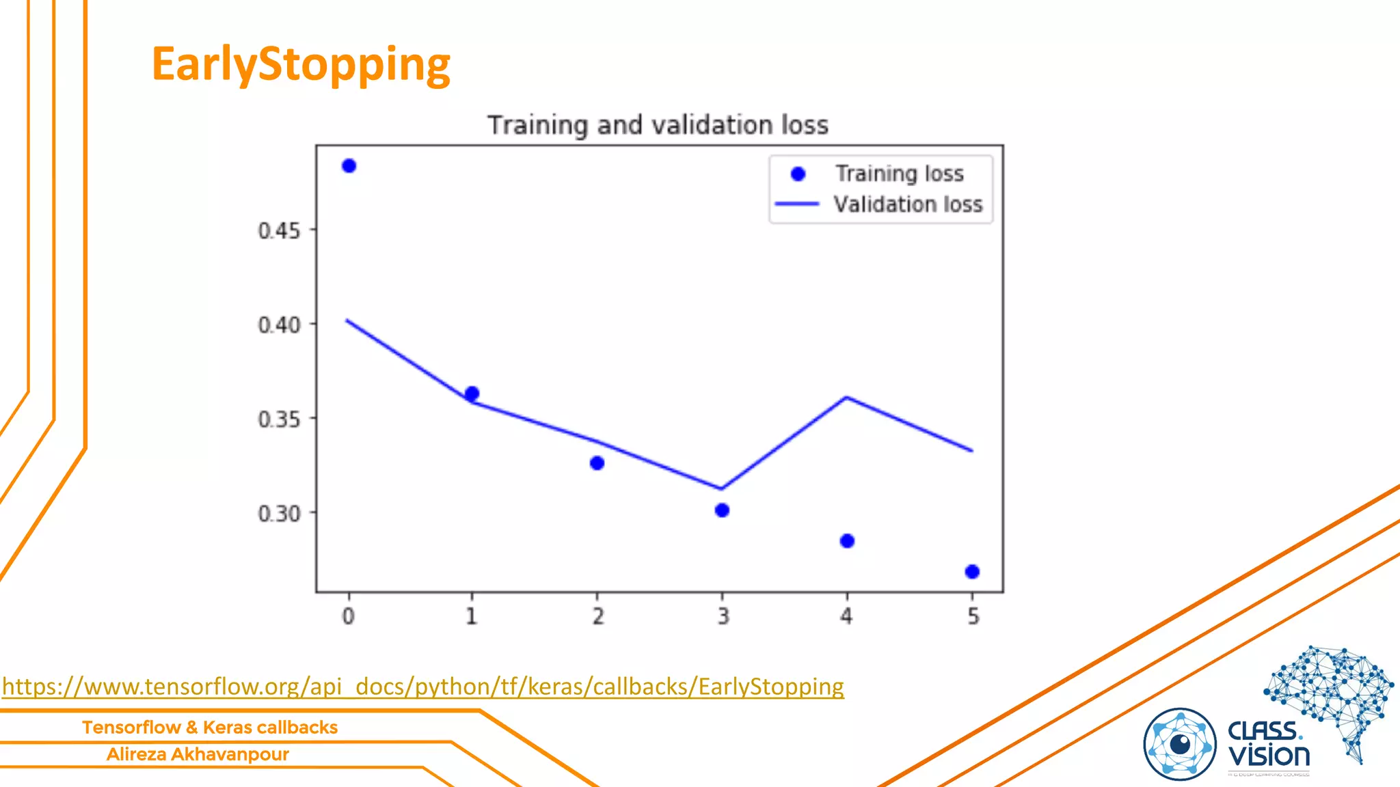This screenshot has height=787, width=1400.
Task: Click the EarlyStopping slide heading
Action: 301,64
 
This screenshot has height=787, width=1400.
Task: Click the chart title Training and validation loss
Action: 658,125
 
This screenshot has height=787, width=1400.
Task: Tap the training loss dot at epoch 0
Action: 349,166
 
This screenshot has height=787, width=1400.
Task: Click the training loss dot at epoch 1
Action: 472,393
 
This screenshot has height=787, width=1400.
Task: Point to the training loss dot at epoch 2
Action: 597,463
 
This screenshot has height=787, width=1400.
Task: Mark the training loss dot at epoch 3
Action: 722,510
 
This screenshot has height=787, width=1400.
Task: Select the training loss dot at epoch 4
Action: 847,541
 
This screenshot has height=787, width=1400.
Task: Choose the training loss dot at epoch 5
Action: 972,572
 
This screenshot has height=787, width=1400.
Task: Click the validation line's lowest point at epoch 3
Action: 722,488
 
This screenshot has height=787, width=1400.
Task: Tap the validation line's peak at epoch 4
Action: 847,397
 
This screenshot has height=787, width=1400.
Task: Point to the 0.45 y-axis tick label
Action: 279,231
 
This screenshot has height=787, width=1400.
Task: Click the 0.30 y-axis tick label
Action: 279,514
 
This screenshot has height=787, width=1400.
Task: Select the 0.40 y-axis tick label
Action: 279,325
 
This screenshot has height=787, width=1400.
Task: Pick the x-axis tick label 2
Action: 598,616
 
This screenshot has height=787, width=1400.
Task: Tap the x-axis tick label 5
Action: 973,616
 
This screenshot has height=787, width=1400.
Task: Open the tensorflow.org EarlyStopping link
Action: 423,686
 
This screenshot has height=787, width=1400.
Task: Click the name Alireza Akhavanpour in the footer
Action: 198,754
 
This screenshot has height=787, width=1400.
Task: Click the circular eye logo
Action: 1180,744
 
